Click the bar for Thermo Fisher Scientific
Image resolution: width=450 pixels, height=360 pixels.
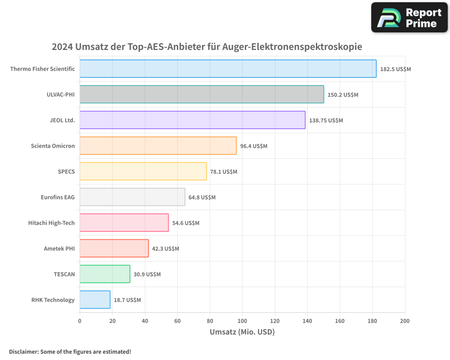[228, 69]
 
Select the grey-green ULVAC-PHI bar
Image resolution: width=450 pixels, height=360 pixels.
[202, 94]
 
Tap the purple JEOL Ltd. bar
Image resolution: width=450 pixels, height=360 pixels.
[192, 120]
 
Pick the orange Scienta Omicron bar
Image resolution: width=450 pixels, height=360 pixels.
[158, 146]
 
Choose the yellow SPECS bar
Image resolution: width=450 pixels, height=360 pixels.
[143, 171]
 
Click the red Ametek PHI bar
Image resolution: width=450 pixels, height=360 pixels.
[114, 248]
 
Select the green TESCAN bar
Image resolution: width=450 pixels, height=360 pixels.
[105, 274]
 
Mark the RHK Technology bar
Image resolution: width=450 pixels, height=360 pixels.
[95, 300]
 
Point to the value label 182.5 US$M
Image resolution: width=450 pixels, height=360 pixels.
[396, 69]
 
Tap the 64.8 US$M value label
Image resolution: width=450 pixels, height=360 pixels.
[202, 198]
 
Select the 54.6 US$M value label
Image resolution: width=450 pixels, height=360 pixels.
[185, 223]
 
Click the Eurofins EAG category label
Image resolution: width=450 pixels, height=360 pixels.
[58, 197]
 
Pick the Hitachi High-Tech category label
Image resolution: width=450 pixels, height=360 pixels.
[51, 223]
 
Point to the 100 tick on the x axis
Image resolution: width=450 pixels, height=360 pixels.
[242, 321]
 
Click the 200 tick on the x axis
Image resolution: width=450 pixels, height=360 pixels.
[405, 321]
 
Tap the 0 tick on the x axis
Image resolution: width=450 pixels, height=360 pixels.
[80, 321]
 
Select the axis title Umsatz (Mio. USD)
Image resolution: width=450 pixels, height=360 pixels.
[242, 332]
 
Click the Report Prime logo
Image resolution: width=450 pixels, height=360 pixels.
[409, 18]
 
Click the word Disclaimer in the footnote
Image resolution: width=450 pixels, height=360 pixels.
[23, 351]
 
